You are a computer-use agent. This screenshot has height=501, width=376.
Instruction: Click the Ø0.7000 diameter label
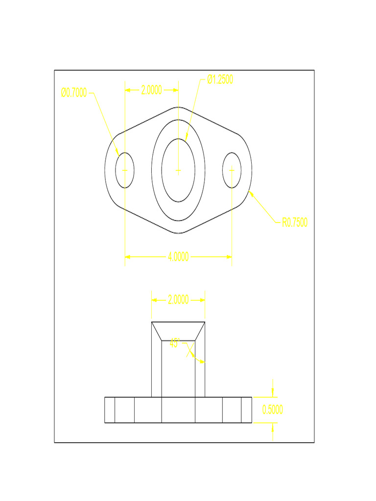point(74,92)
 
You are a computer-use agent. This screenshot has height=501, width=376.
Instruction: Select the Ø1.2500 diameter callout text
point(220,80)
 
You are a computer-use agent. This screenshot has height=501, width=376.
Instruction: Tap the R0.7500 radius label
point(295,223)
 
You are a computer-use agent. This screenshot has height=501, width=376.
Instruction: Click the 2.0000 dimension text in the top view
point(151,90)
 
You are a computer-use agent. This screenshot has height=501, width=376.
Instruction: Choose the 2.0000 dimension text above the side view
point(178,300)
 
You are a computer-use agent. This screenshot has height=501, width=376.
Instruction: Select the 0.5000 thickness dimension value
point(273,410)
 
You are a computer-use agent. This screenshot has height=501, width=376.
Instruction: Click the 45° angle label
point(175,343)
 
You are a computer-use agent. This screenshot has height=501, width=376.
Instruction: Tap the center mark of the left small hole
point(125,170)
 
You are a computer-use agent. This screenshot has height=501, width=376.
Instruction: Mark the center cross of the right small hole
point(232,170)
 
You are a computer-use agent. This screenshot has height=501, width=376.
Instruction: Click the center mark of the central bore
point(178,170)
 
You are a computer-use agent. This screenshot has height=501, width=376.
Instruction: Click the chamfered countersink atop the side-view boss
point(178,331)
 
